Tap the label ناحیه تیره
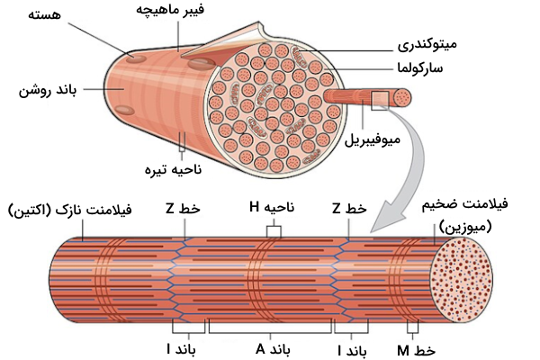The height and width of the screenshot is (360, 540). (x=176, y=168)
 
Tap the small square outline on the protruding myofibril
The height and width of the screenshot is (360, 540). (x=380, y=99)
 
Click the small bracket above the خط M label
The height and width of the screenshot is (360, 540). (x=413, y=328)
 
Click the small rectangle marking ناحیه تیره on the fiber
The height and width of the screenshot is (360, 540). (x=183, y=140)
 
